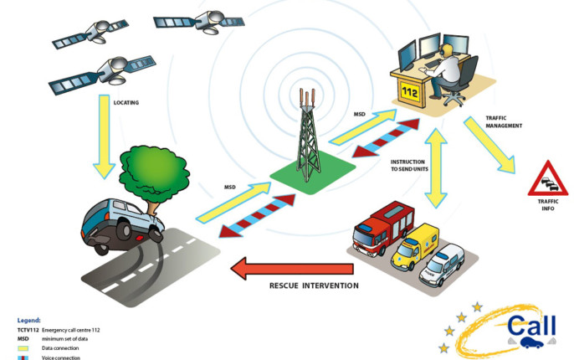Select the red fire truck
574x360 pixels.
[380, 228]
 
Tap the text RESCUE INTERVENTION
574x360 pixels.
[314, 286]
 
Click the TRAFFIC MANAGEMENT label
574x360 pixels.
[504, 123]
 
